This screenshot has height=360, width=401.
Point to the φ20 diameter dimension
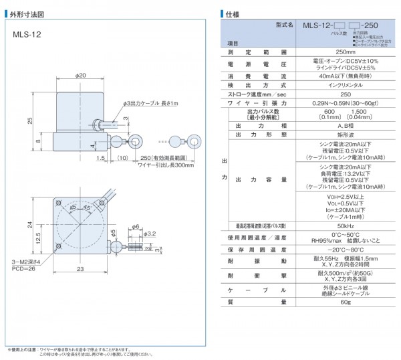(x=82, y=75)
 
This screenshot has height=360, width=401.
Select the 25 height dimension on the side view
(x=29, y=120)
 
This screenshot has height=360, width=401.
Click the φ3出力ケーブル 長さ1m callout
(x=151, y=104)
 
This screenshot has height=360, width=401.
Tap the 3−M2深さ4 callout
(x=26, y=262)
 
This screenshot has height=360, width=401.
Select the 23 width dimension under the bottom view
(x=79, y=269)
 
